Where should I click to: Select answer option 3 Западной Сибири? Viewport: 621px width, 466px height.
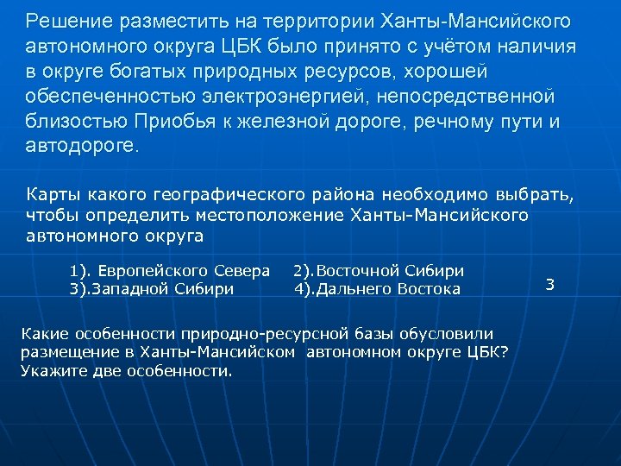152,289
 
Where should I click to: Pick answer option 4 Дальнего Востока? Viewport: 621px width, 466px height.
377,289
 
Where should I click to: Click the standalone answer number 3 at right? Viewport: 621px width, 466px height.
550,284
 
